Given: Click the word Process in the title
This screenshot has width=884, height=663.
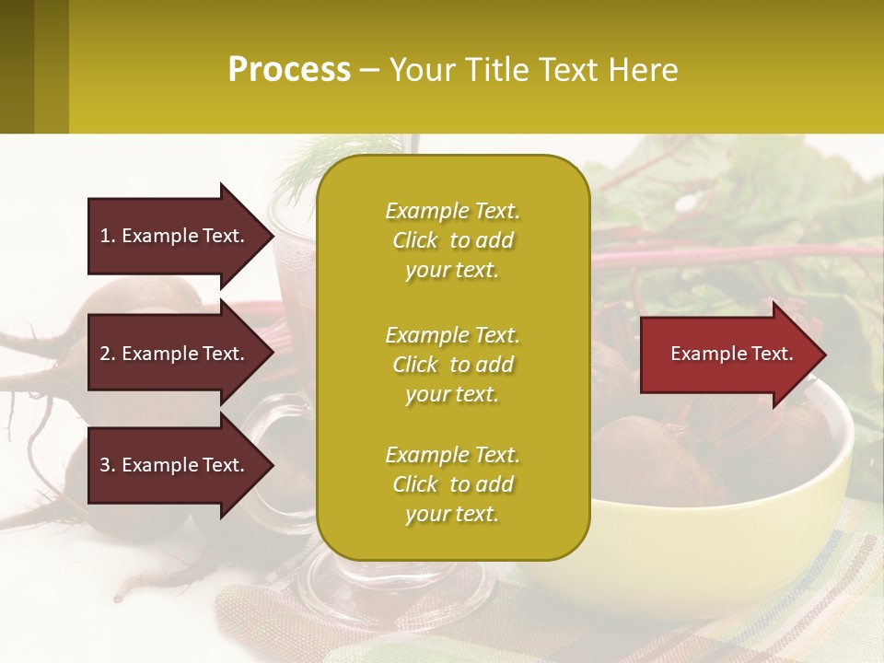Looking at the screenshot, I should [289, 70].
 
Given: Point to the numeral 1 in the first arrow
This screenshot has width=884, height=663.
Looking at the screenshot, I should [105, 236].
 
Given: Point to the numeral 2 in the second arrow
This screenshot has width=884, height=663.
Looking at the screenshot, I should [105, 354].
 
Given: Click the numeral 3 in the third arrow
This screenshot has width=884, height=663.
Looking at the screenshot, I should [105, 465].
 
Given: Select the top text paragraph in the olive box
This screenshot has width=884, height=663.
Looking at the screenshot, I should [452, 240].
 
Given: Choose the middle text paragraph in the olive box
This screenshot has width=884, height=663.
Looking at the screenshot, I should [452, 365].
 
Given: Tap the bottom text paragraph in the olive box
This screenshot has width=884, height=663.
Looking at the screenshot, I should [452, 484].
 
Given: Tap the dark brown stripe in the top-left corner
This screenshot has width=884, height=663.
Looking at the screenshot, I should [17, 66].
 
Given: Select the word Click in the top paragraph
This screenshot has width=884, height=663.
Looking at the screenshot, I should [415, 240].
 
